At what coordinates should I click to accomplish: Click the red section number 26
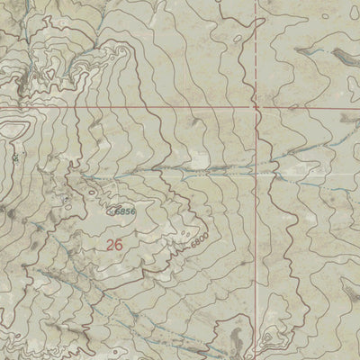[113, 244]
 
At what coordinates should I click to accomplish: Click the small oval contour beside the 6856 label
[112, 212]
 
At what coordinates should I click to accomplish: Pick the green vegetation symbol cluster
[15, 157]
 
